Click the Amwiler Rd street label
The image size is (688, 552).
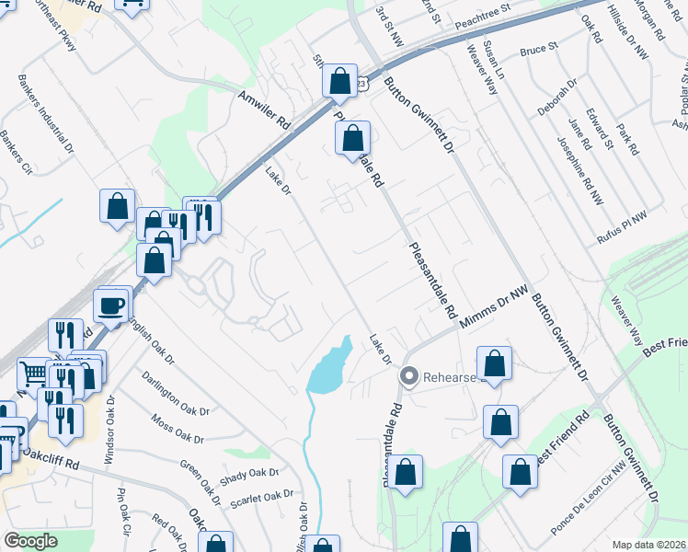pyautogui.click(x=265, y=109)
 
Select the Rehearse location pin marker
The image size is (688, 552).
pyautogui.click(x=409, y=376)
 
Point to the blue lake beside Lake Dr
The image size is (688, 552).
pyautogui.click(x=328, y=368)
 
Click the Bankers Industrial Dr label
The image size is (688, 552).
pyautogui.click(x=45, y=115)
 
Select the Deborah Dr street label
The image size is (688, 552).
pyautogui.click(x=557, y=96)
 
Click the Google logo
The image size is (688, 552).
pyautogui.click(x=31, y=541)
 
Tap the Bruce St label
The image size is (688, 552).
pyautogui.click(x=540, y=48)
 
